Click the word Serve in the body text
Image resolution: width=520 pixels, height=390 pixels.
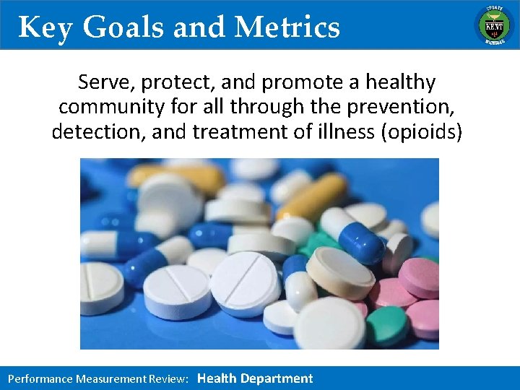103,83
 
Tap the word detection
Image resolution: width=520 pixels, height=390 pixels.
97,132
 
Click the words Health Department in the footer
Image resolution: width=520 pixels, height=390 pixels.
255,378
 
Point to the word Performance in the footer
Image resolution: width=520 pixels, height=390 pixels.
40,378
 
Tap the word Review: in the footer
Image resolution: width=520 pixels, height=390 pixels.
170,378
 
